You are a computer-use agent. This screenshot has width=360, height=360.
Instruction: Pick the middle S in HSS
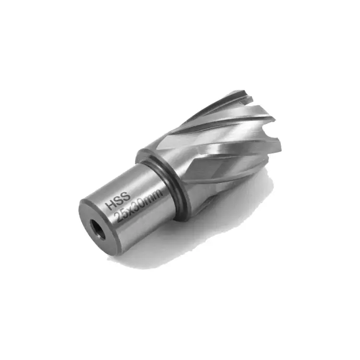[119, 201]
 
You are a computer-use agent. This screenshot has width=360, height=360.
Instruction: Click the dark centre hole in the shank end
[97, 229]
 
